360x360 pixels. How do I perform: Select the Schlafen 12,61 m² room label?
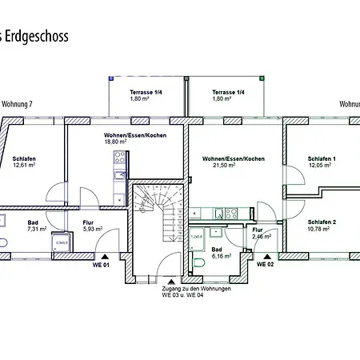(25, 163)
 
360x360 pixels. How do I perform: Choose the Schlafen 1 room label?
(322, 163)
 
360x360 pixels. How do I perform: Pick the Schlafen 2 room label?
(322, 225)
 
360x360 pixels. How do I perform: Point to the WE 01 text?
(101, 264)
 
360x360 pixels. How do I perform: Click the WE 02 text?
(265, 264)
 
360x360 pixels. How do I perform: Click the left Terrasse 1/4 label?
(147, 97)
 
